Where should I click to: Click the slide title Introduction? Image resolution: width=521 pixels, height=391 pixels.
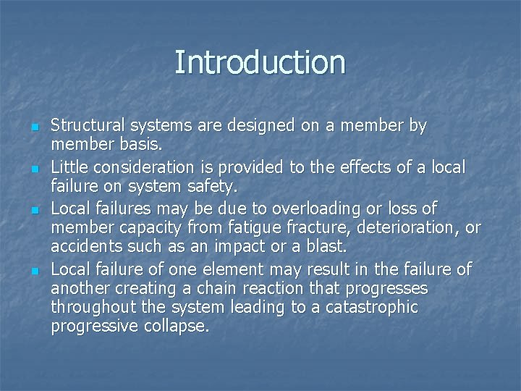click(x=260, y=62)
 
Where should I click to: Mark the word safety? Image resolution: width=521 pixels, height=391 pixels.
click(x=213, y=187)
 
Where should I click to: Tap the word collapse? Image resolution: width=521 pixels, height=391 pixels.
click(x=180, y=327)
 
